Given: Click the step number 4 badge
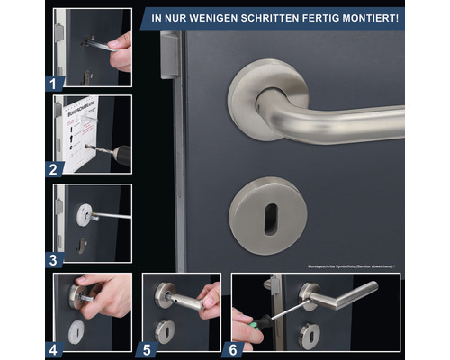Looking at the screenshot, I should click(x=56, y=348).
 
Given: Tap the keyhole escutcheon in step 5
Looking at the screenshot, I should click(x=165, y=329).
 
